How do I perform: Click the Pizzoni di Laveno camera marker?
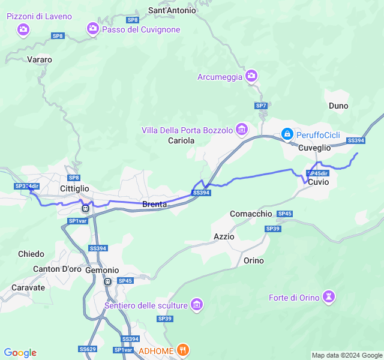click(x=23, y=29)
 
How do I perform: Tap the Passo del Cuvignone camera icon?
click(x=93, y=28)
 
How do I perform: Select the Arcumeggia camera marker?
click(x=251, y=76)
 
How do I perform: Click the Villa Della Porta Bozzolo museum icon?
click(x=242, y=130)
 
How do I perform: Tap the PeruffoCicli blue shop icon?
click(x=287, y=133)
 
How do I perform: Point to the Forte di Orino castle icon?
click(x=328, y=296)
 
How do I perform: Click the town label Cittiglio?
click(x=74, y=188)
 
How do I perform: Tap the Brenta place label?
click(x=154, y=205)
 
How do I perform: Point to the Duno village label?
click(x=338, y=106)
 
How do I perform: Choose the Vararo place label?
click(x=40, y=59)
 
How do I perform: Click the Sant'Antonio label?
click(x=172, y=10)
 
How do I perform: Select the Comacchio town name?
click(x=251, y=214)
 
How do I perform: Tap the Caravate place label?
click(x=28, y=287)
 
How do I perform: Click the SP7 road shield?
click(x=261, y=106)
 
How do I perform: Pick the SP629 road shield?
click(x=87, y=349)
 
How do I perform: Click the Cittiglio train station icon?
click(x=85, y=208)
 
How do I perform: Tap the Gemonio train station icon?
click(x=107, y=281)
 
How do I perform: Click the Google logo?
click(x=20, y=353)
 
